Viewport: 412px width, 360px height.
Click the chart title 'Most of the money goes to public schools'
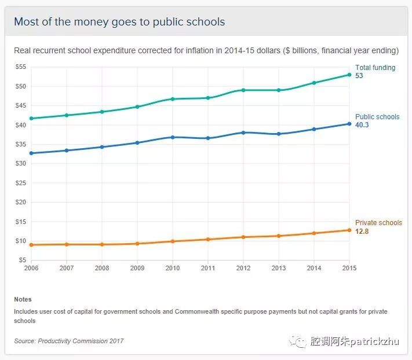tap(119, 22)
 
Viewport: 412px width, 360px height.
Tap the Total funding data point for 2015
tap(349, 75)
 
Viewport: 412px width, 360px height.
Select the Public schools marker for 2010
tap(173, 137)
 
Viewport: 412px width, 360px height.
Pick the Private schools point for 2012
tap(243, 237)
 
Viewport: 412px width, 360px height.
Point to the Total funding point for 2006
tap(31, 118)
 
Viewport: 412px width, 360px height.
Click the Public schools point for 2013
tap(279, 134)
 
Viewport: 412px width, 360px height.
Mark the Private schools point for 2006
tap(31, 245)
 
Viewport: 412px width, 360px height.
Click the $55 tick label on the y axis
tap(21, 67)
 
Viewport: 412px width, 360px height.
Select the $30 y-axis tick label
tap(21, 163)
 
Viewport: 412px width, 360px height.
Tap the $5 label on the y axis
tap(23, 260)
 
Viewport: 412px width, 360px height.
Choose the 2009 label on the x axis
tap(137, 268)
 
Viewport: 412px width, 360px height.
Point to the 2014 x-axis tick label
tap(314, 268)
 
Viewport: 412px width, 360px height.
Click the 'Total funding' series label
tap(375, 68)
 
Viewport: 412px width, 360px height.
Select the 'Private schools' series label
tap(378, 223)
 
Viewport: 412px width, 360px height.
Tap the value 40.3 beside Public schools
tap(362, 125)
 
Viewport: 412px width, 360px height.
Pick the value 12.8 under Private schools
tap(362, 232)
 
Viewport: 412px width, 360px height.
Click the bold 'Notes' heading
tap(23, 299)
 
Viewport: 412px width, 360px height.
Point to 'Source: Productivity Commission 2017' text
tap(69, 341)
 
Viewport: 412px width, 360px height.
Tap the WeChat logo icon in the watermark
tap(298, 341)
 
